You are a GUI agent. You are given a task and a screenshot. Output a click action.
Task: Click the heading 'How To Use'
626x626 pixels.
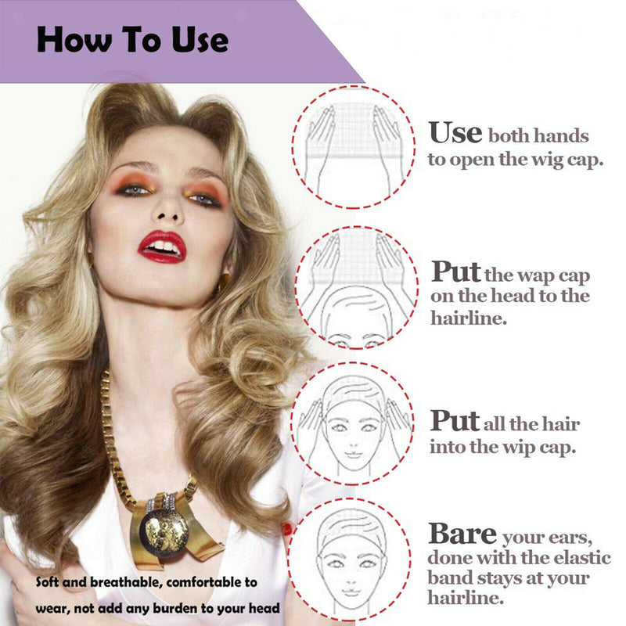tap(132, 40)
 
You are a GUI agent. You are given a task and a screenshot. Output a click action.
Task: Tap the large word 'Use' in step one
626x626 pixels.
tap(455, 132)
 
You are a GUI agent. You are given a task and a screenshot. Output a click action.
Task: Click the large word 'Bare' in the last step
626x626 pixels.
tap(462, 534)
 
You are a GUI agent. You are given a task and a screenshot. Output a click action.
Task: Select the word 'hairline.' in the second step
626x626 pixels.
tap(468, 318)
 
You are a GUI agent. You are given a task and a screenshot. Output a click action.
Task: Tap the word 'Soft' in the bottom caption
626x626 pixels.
tap(48, 582)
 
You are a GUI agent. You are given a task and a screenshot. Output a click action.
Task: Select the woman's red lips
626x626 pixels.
tap(162, 246)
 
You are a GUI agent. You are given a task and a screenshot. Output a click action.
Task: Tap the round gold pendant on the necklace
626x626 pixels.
tap(166, 533)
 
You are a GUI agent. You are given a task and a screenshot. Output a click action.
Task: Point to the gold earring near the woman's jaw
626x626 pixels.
tap(223, 282)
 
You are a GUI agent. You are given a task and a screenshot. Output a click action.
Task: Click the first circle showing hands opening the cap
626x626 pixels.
tap(353, 146)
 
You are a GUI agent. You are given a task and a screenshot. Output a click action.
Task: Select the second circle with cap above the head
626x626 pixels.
tap(357, 287)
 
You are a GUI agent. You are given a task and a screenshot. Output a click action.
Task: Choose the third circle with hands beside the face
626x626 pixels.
tap(352, 423)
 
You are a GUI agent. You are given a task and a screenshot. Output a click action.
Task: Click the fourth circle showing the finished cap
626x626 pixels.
tap(349, 559)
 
